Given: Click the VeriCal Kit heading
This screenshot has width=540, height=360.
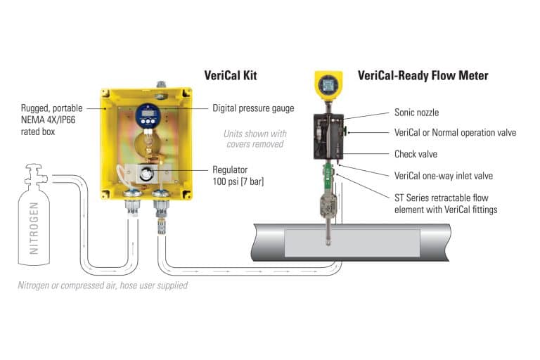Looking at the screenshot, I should pos(236,75).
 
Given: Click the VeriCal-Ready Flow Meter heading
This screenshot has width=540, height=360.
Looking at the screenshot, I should pos(423,75).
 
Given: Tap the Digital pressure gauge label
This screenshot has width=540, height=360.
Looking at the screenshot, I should pos(253,108).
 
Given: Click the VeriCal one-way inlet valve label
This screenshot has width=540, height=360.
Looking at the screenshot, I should pos(439,176).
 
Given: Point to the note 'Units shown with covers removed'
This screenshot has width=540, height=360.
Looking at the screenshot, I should pos(254,138).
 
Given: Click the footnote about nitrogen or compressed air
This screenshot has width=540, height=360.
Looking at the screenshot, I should pos(103,285).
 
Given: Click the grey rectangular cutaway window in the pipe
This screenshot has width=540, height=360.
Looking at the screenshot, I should pos(352,242).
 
